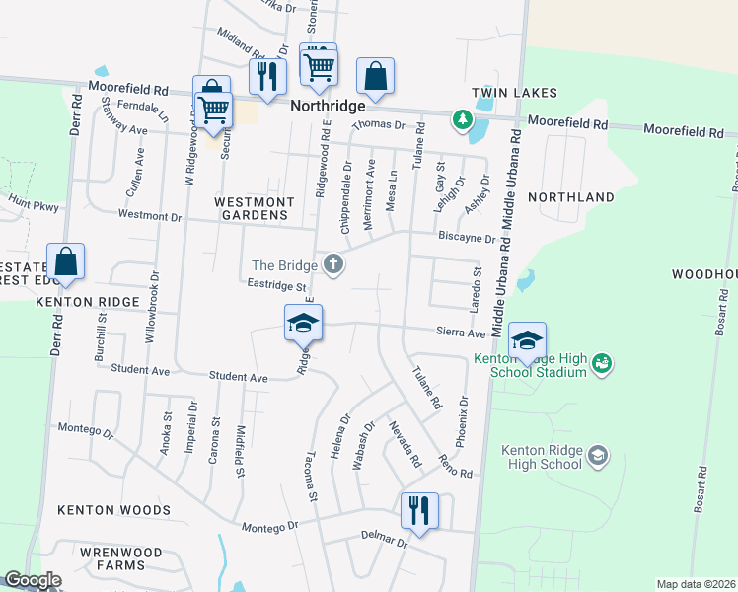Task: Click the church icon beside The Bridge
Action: pyautogui.click(x=334, y=264)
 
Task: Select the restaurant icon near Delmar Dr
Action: pyautogui.click(x=419, y=511)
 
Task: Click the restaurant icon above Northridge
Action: pyautogui.click(x=267, y=77)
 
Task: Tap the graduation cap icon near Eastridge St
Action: pyautogui.click(x=304, y=322)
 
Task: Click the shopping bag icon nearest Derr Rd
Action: pyautogui.click(x=65, y=262)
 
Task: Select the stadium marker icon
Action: pyautogui.click(x=600, y=364)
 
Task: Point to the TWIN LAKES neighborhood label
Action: pyautogui.click(x=514, y=93)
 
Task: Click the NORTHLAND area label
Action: pyautogui.click(x=571, y=197)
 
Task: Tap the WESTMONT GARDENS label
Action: pyautogui.click(x=255, y=209)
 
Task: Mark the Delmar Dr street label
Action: pyautogui.click(x=385, y=541)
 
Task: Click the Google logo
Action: pyautogui.click(x=32, y=580)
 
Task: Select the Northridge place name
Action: pyautogui.click(x=328, y=105)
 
